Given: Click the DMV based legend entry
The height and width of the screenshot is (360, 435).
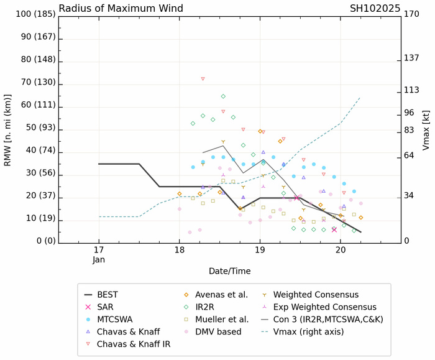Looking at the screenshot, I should tap(215, 332).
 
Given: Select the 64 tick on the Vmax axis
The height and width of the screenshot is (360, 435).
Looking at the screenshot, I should tap(408, 155).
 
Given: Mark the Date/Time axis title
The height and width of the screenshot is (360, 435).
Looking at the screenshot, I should tap(229, 271).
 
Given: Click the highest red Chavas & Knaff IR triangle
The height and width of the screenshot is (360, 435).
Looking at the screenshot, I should tap(203, 79).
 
